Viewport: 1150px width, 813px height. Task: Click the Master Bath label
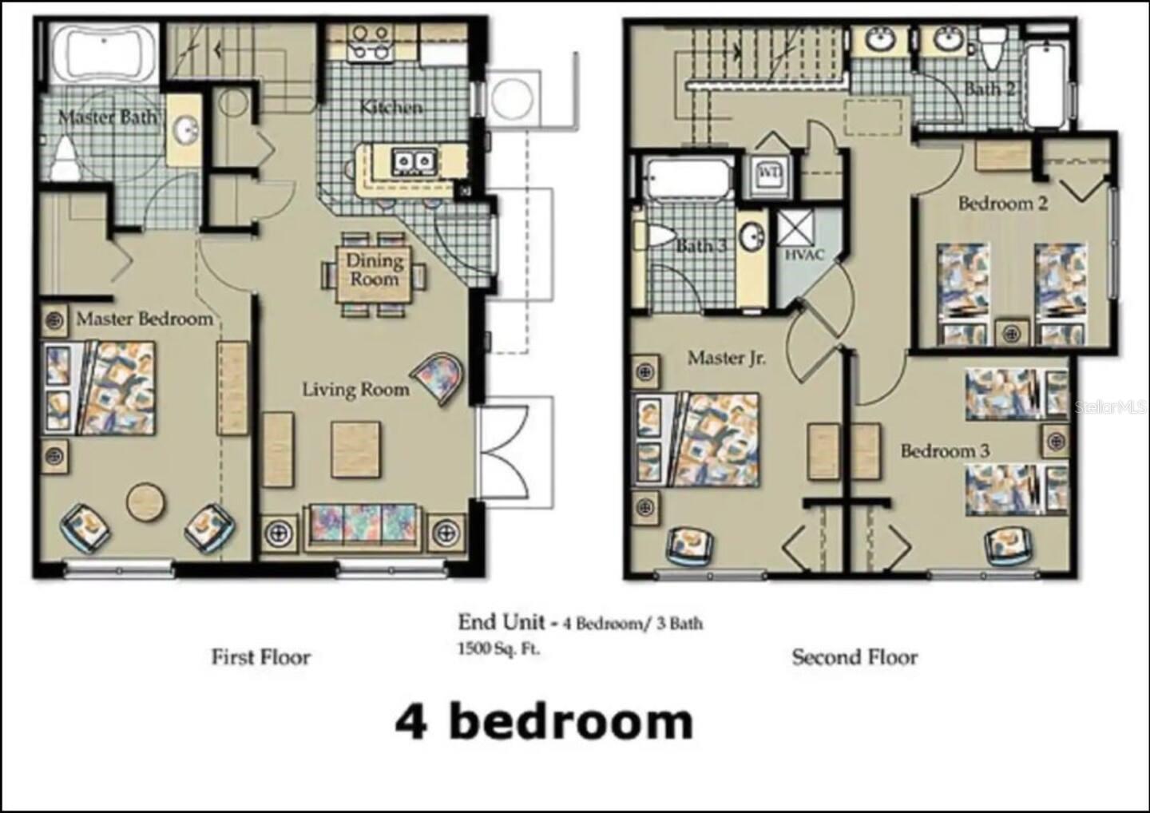click(x=107, y=118)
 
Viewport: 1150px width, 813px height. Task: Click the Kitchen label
click(x=391, y=106)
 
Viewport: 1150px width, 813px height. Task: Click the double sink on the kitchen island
click(x=413, y=162)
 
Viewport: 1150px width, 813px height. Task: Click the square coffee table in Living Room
click(x=355, y=450)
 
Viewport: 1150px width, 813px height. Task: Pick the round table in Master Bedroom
click(x=146, y=502)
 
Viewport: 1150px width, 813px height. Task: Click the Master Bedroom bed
click(x=100, y=387)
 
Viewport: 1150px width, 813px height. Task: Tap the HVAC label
click(x=803, y=255)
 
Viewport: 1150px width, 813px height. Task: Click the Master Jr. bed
click(x=696, y=438)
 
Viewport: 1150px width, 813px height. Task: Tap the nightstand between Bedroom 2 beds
click(x=1013, y=332)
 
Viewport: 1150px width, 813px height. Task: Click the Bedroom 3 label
click(x=944, y=451)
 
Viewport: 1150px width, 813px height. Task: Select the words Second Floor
click(x=855, y=657)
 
